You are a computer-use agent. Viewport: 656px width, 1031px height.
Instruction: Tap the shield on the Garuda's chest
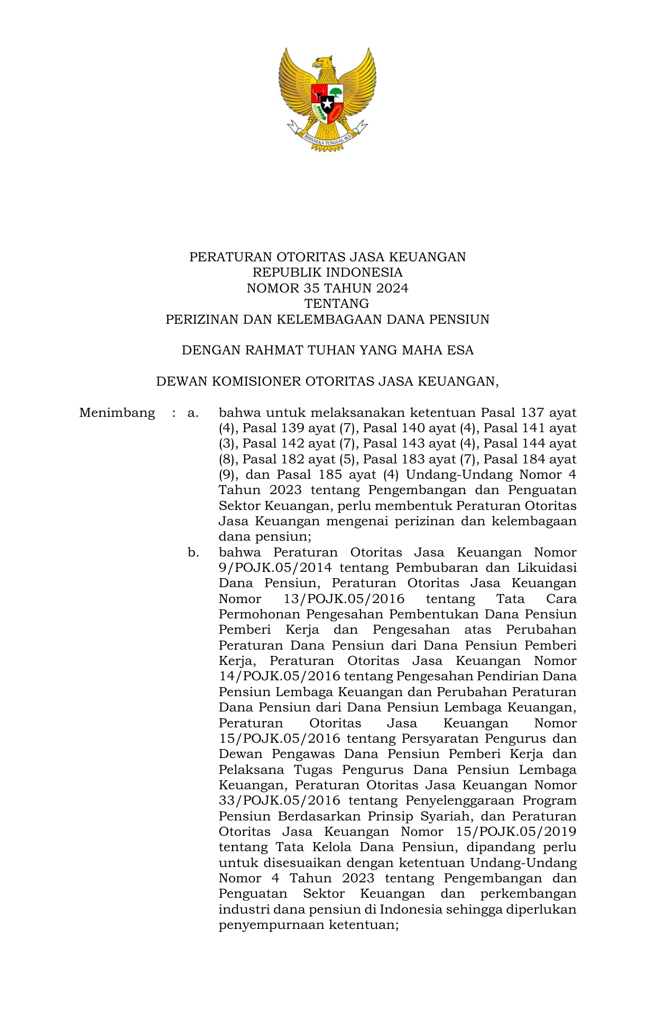pyautogui.click(x=327, y=99)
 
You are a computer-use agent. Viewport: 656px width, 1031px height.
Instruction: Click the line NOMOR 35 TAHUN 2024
pyautogui.click(x=327, y=288)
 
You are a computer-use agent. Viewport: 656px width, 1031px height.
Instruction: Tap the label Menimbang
pyautogui.click(x=117, y=413)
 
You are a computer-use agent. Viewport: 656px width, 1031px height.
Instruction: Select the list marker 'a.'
pyautogui.click(x=193, y=413)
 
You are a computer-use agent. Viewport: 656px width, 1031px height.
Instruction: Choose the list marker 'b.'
pyautogui.click(x=193, y=552)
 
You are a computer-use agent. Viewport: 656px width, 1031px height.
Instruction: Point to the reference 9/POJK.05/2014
pyautogui.click(x=275, y=568)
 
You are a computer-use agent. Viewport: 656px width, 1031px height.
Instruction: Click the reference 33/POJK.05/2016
pyautogui.click(x=280, y=801)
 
